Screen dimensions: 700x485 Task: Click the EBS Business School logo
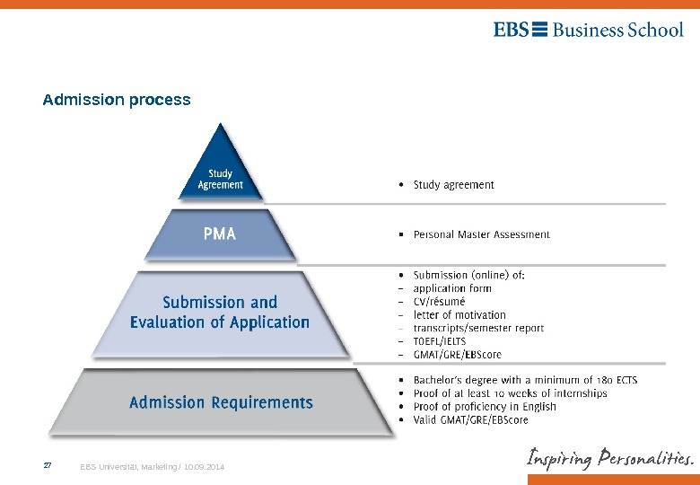[588, 30]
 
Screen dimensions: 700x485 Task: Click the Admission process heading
[117, 100]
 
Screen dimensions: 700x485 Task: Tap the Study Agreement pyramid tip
[220, 179]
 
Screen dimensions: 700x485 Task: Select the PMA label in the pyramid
[220, 234]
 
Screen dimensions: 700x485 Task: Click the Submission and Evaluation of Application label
[220, 312]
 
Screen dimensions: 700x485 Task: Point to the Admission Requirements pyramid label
[221, 402]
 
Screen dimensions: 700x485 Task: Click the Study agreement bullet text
[453, 185]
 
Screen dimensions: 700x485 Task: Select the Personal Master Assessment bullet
[481, 234]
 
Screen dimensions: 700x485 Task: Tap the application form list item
[452, 288]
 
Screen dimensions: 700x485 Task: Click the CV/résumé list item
[439, 302]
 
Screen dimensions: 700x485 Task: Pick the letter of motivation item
[459, 315]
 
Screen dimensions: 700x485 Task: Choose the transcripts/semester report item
[478, 328]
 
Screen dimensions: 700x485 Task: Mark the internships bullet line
[510, 393]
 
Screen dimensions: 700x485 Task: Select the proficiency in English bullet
[485, 406]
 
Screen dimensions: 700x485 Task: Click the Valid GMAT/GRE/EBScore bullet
[470, 419]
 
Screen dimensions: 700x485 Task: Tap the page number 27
[48, 466]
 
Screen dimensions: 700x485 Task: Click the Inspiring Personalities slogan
[609, 459]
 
